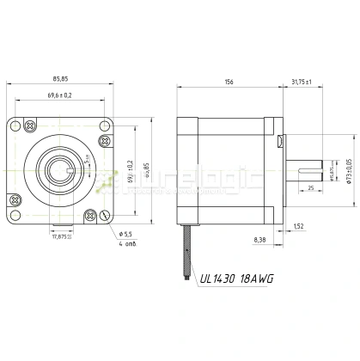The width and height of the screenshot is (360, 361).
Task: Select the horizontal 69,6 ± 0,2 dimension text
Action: (x=59, y=95)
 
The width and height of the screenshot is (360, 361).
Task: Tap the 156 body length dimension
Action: (x=229, y=82)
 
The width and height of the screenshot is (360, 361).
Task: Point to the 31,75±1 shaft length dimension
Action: (x=301, y=82)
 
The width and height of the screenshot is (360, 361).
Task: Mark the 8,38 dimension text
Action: (x=259, y=240)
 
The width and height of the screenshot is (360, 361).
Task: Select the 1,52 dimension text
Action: (x=298, y=226)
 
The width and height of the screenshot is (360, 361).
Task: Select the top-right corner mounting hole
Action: (x=105, y=124)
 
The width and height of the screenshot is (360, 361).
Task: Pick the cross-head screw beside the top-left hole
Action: (x=32, y=125)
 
